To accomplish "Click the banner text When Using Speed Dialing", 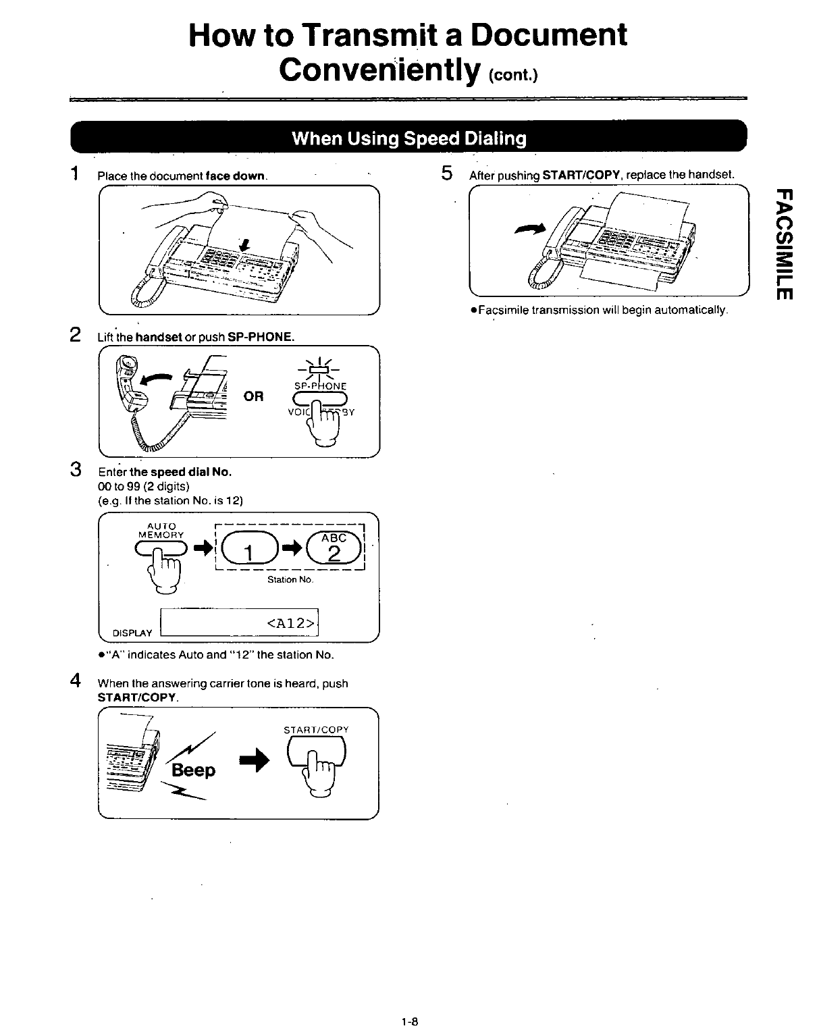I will [408, 138].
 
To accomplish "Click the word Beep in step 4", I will [194, 770].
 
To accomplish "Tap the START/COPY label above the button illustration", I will [316, 730].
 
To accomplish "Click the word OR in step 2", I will [254, 396].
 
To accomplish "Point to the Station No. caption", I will [291, 579].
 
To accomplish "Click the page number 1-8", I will [409, 1022].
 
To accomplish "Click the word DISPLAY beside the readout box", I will [132, 633].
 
